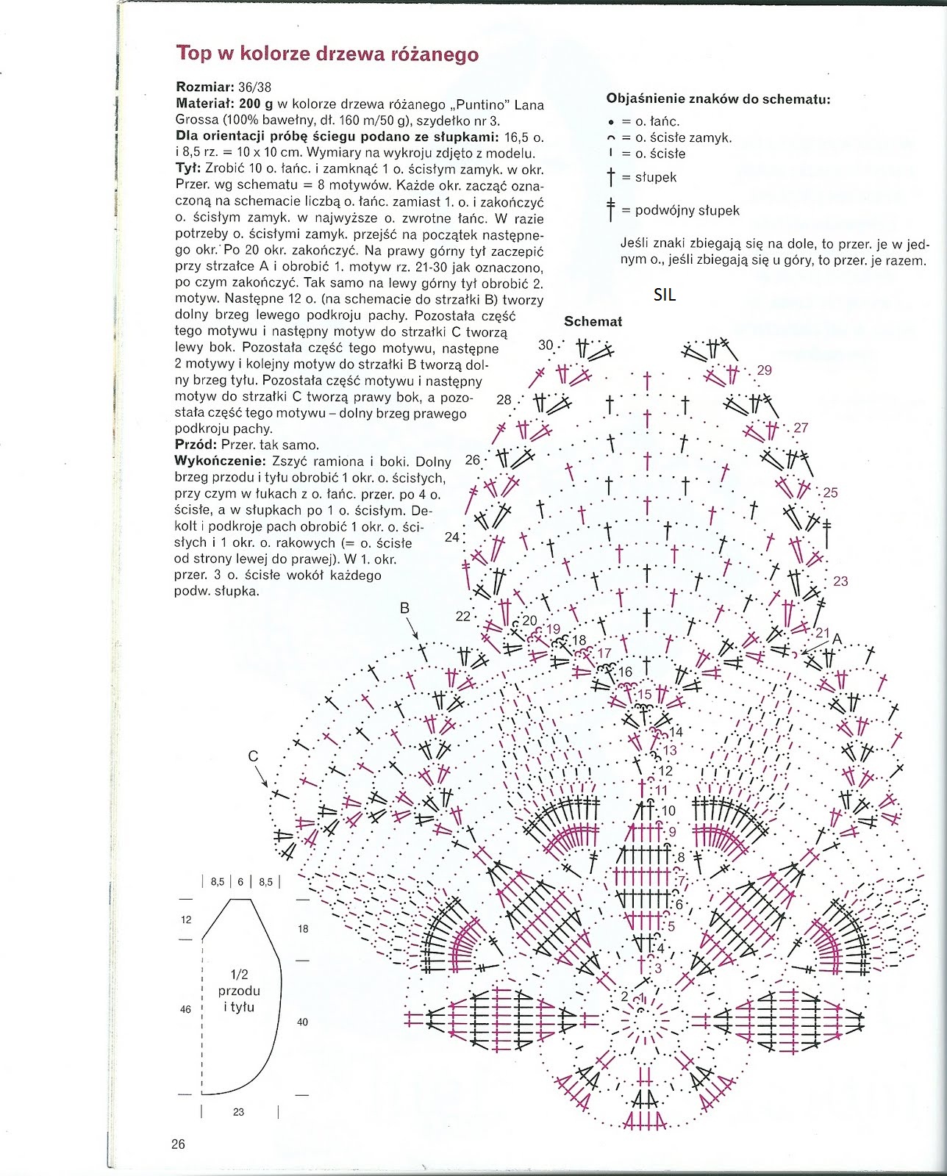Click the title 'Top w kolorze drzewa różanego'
tap(327, 54)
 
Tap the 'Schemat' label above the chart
tap(593, 321)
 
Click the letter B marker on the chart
tap(404, 608)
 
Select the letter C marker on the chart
tap(253, 756)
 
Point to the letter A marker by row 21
tap(836, 639)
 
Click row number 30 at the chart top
tap(546, 345)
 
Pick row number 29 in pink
tap(764, 370)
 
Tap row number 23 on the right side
tap(840, 581)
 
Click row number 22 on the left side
tap(462, 616)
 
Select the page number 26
tap(178, 1144)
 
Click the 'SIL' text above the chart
tap(664, 295)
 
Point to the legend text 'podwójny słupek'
tap(687, 210)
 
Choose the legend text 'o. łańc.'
tap(657, 121)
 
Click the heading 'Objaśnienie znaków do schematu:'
tap(718, 98)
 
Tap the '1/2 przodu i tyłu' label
tap(239, 990)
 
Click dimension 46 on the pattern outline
tap(185, 1009)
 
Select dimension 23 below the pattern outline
tap(238, 1112)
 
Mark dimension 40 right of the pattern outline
tap(303, 1022)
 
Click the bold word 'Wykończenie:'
tap(220, 461)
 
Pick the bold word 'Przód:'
tap(196, 445)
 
